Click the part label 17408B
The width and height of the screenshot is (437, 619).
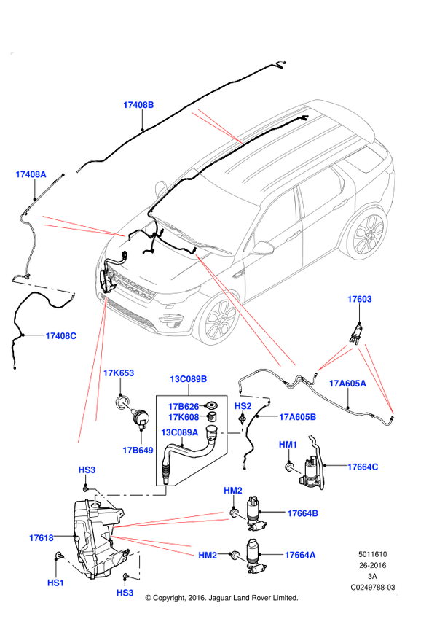point(138,105)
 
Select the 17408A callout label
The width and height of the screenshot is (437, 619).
point(31,174)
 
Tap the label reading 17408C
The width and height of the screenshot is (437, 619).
point(61,336)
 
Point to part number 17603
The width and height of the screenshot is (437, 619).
point(360,299)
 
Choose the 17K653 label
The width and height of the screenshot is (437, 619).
point(119,373)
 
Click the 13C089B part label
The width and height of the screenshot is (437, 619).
point(189,379)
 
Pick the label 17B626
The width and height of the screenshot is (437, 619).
point(184,406)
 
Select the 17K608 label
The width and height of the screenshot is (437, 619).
point(184,418)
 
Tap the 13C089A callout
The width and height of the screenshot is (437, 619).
point(179,432)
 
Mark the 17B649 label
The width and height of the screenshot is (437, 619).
point(138,451)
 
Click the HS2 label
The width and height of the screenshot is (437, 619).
point(243,406)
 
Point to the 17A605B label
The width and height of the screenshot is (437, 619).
point(297,417)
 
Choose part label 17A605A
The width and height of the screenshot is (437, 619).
point(347,383)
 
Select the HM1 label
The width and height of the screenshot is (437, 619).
point(288,445)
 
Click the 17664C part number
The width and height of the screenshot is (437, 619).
point(363,467)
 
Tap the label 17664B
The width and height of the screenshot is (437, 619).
point(302,513)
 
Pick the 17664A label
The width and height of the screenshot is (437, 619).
point(300,555)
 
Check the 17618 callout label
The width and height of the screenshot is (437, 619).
point(42,538)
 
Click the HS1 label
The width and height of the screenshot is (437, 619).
point(56,583)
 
